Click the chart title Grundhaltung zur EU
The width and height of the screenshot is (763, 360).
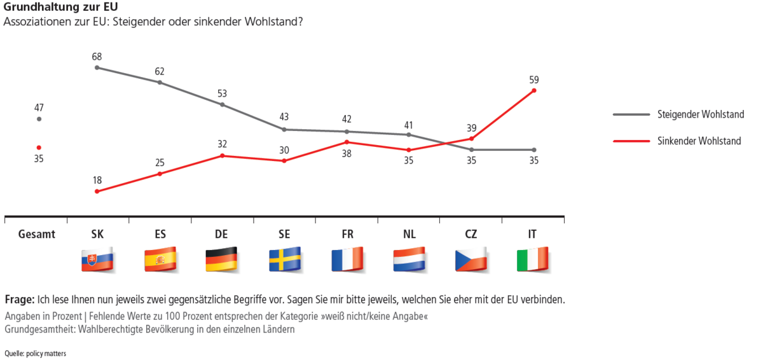pyautogui.click(x=52, y=8)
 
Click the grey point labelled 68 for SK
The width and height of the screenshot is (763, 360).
pyautogui.click(x=97, y=67)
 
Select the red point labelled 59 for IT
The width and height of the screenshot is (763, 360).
pyautogui.click(x=534, y=90)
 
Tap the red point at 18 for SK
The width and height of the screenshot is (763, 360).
pyautogui.click(x=97, y=191)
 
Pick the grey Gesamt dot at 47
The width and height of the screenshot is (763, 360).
pyautogui.click(x=39, y=119)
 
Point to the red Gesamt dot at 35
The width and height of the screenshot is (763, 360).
pyautogui.click(x=39, y=148)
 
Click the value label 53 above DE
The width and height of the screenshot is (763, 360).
pyautogui.click(x=221, y=93)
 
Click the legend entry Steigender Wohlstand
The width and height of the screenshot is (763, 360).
pyautogui.click(x=700, y=115)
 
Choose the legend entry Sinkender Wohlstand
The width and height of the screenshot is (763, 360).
pyautogui.click(x=699, y=141)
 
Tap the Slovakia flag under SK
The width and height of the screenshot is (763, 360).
pyautogui.click(x=97, y=260)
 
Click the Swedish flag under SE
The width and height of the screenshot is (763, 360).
pyautogui.click(x=284, y=260)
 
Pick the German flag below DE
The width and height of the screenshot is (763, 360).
pyautogui.click(x=221, y=260)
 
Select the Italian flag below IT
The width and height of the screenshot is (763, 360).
pyautogui.click(x=533, y=260)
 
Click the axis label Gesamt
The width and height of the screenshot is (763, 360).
pyautogui.click(x=37, y=234)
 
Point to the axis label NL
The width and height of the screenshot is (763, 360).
pyautogui.click(x=409, y=234)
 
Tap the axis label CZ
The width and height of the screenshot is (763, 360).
pyautogui.click(x=471, y=234)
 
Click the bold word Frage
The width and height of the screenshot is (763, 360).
pyautogui.click(x=19, y=300)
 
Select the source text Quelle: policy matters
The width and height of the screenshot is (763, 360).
pyautogui.click(x=35, y=353)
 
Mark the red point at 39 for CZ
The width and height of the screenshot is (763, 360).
pyautogui.click(x=472, y=138)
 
